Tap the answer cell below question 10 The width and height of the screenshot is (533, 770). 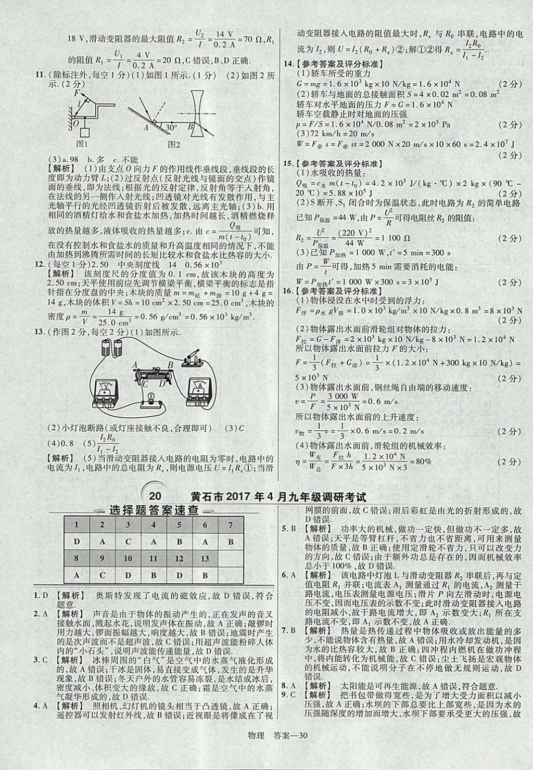(128, 575)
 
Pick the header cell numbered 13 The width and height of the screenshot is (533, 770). (205, 558)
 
